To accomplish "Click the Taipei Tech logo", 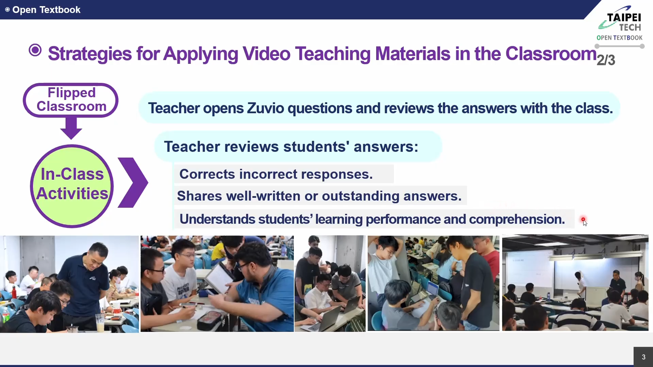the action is (620, 23).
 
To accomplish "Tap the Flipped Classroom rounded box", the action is (71, 100).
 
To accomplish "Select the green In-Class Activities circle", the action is (72, 186).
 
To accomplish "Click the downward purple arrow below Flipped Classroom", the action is (71, 128).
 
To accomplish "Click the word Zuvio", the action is (265, 108).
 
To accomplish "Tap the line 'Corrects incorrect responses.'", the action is (276, 174).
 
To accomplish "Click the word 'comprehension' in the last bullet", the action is (517, 220).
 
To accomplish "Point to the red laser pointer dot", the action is (583, 220).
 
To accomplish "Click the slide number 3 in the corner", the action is (643, 357).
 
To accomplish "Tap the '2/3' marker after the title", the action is (606, 60).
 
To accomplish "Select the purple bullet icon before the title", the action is (35, 50).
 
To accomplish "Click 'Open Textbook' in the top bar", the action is (46, 10).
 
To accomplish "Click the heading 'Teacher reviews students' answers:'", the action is (291, 147).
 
